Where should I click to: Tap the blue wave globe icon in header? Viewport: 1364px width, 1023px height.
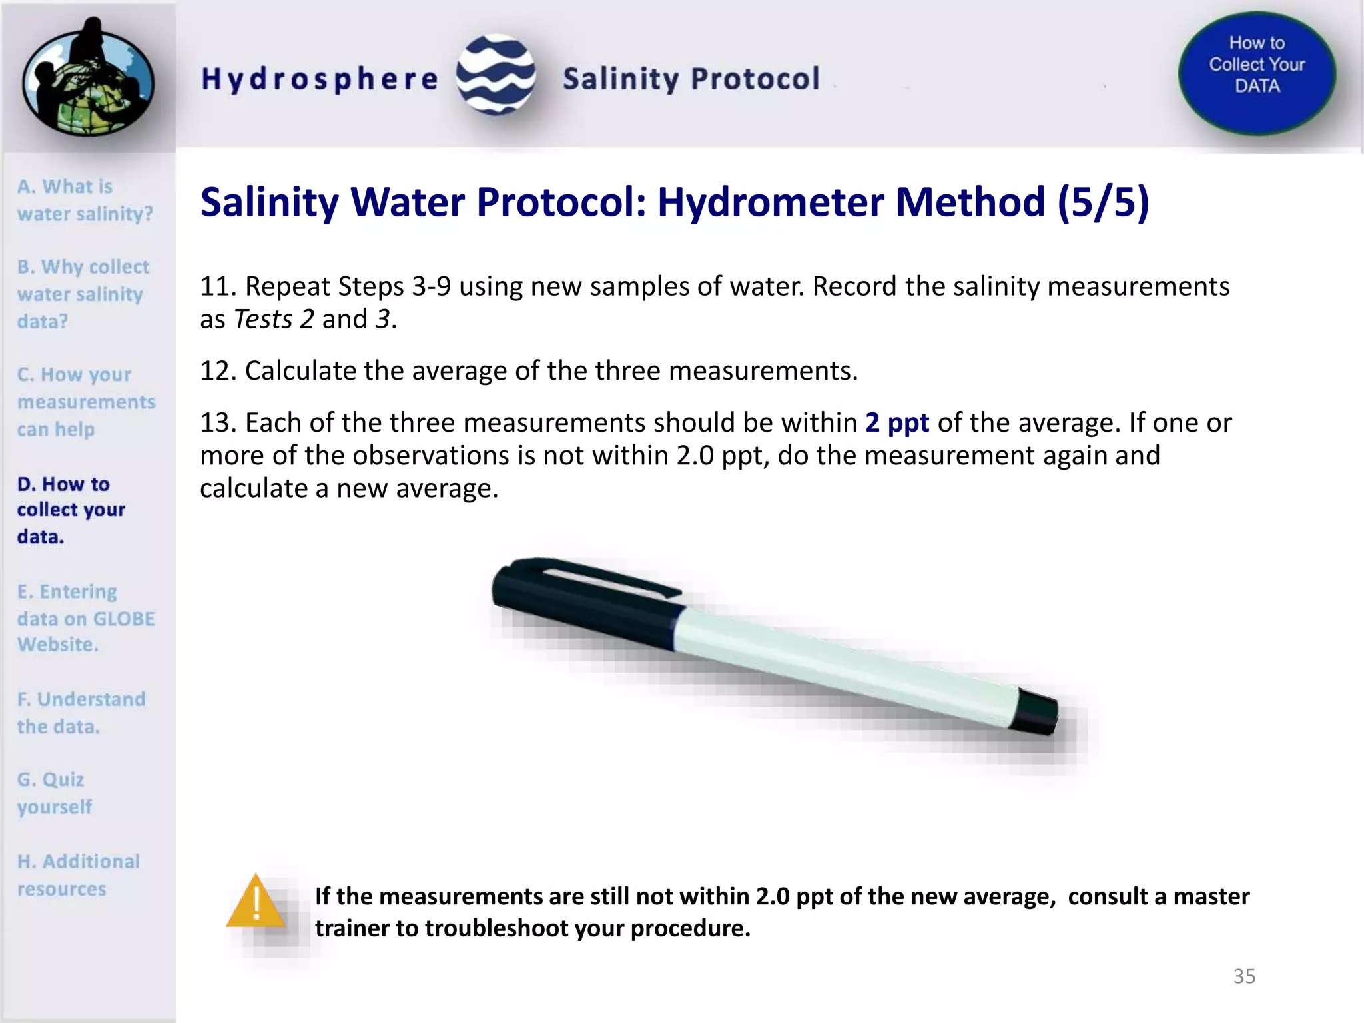coord(496,75)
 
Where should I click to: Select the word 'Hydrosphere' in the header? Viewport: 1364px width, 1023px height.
coord(320,79)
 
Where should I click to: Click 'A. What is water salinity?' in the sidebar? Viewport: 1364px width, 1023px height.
coord(85,200)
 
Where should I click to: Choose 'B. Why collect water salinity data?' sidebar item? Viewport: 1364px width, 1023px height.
coord(83,294)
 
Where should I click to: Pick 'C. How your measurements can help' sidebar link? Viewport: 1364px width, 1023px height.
coord(85,402)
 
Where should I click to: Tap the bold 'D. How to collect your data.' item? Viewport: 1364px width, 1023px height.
coord(71,510)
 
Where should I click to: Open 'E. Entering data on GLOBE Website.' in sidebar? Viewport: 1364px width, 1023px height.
coord(85,618)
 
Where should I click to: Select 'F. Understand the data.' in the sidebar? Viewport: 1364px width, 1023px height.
coord(81,713)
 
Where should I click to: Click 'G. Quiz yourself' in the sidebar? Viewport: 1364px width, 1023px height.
coord(54,793)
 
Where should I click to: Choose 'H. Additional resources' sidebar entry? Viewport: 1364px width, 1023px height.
coord(78,875)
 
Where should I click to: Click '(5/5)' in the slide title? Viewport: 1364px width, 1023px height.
coord(1103,202)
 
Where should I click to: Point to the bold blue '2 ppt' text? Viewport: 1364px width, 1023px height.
coord(897,422)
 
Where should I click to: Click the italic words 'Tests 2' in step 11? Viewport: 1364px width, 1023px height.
coord(274,320)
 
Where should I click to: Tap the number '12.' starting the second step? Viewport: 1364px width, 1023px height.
coord(218,371)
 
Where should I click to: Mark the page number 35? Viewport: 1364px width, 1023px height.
coord(1244,976)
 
